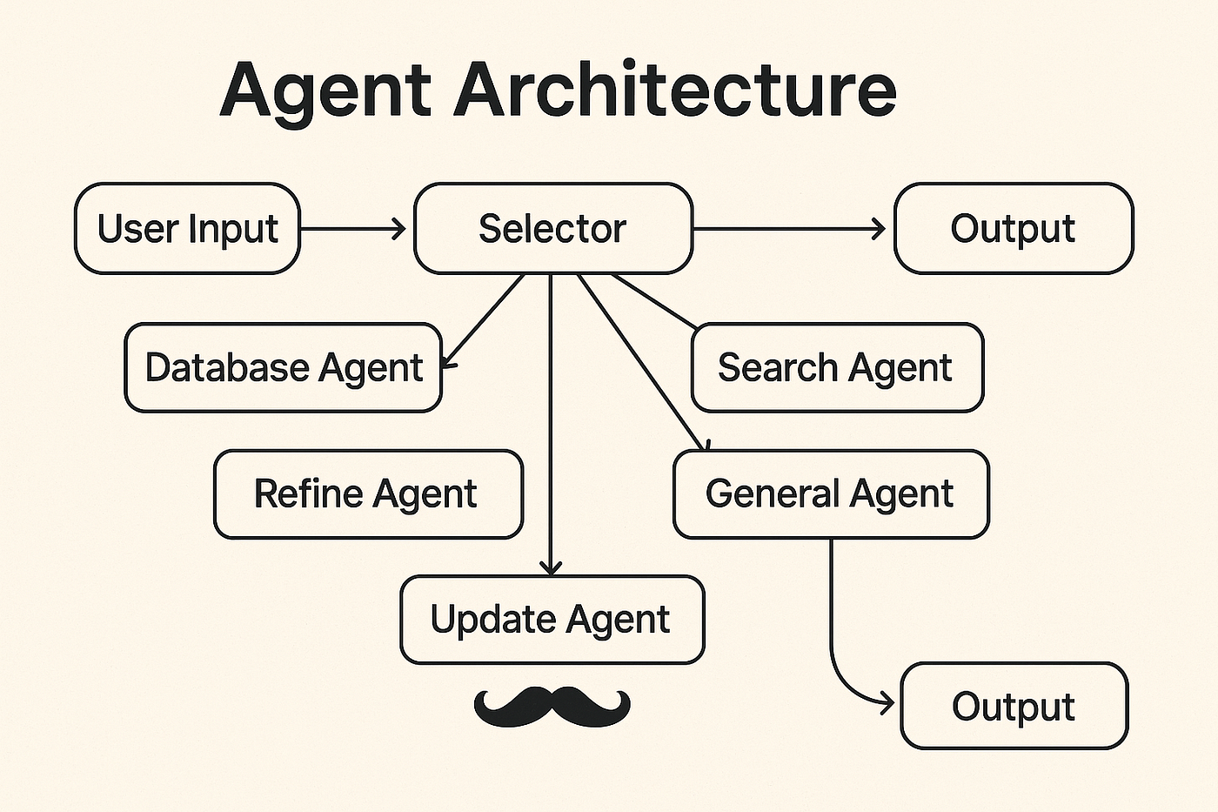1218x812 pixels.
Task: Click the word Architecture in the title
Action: click(675, 88)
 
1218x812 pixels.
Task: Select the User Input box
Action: click(188, 228)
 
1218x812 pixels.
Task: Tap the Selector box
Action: click(553, 228)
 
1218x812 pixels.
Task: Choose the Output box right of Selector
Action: click(1014, 228)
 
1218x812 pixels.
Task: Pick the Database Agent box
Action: click(284, 367)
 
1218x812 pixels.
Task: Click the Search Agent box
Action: click(837, 367)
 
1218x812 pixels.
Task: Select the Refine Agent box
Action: click(369, 494)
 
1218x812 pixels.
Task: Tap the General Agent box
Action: click(831, 494)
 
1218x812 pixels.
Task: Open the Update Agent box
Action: click(552, 620)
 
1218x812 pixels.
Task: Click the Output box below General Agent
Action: click(1014, 706)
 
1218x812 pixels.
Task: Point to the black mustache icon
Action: click(552, 707)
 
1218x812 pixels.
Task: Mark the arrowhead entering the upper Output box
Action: click(880, 229)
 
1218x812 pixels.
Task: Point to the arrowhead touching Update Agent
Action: click(551, 567)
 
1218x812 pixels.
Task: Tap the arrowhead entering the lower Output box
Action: click(887, 704)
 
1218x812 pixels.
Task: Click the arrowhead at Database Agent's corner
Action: click(449, 363)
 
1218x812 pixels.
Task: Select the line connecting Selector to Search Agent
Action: click(654, 301)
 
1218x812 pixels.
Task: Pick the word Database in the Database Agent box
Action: click(227, 367)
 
